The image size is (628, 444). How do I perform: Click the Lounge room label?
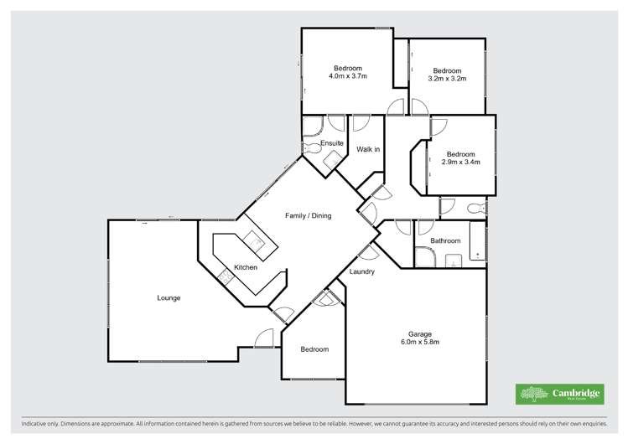point(169,297)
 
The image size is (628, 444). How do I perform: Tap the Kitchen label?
point(245,267)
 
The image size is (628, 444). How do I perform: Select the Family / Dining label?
point(308,215)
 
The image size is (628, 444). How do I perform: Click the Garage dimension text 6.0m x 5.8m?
point(416,342)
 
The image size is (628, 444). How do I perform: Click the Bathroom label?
point(445,241)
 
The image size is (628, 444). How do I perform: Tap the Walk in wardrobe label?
point(368,150)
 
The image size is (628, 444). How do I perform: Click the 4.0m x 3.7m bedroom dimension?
point(348,76)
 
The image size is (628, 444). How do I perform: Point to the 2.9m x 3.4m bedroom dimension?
point(461,163)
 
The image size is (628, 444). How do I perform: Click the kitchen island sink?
point(254,242)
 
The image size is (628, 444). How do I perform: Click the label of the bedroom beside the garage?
point(314,349)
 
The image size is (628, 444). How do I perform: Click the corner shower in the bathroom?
point(426,258)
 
